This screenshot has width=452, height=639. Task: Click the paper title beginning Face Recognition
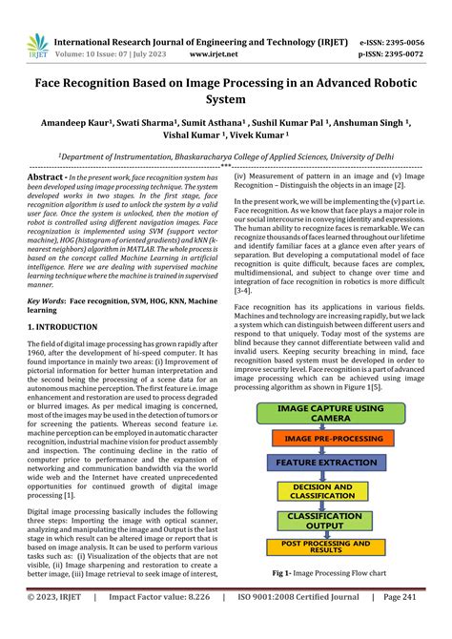tap(225, 93)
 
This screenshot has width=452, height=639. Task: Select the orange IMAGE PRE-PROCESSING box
tap(330, 440)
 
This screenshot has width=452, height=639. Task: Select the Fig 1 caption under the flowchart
tap(330, 572)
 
